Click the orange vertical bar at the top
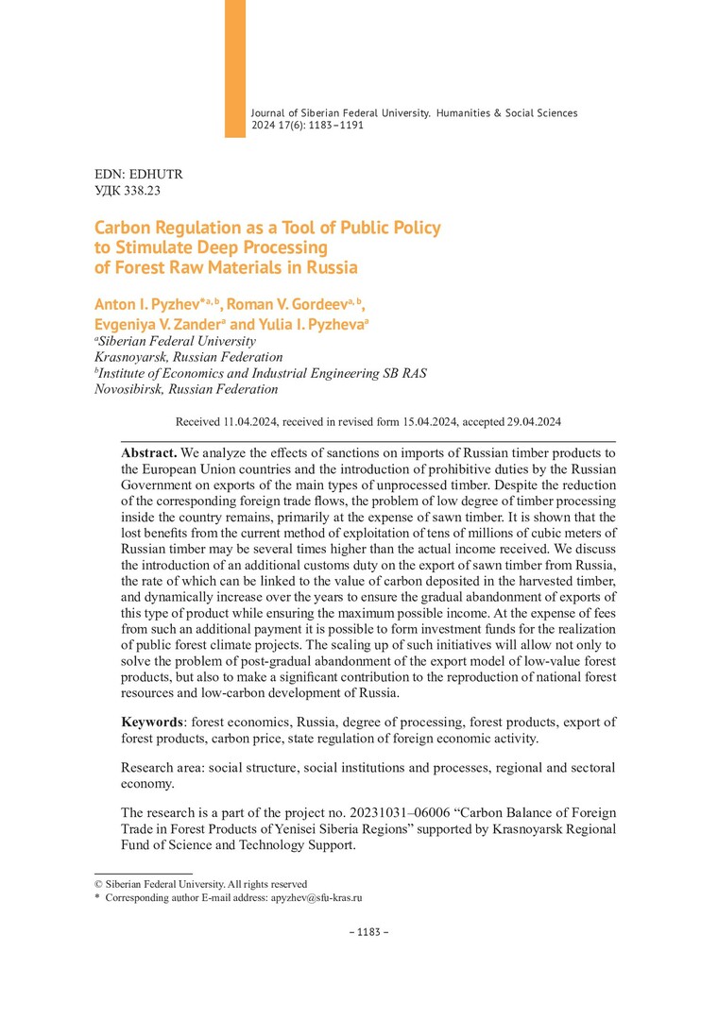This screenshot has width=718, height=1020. pos(234,68)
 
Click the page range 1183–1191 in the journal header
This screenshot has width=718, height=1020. pos(329,125)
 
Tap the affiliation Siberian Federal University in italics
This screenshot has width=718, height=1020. pos(177,341)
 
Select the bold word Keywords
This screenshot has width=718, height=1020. pos(152,722)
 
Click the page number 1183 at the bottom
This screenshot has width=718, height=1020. pos(368,932)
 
